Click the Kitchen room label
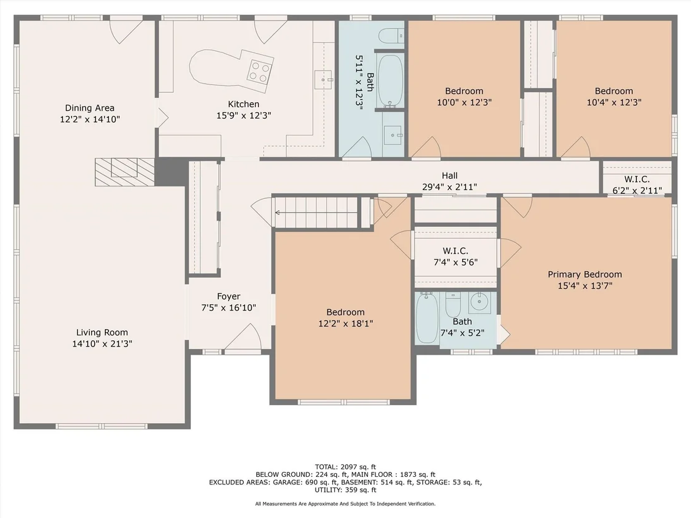243,104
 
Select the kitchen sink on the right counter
323,80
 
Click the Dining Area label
89,108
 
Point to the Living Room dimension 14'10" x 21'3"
102,343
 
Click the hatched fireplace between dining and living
125,172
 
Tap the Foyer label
228,297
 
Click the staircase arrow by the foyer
316,213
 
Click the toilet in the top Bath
391,36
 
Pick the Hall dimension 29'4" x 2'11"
450,187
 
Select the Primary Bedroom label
585,274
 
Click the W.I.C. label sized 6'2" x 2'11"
637,180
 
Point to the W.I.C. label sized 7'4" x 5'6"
455,251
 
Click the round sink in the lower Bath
480,302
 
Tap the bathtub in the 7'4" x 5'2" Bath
427,317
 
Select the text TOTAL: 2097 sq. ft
345,467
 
